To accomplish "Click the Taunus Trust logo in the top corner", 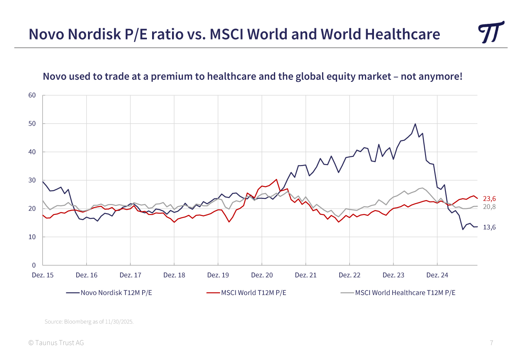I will click(x=491, y=32).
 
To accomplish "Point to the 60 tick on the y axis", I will click(x=32, y=95).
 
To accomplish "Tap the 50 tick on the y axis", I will click(x=32, y=123).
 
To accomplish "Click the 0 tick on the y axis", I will click(x=34, y=265).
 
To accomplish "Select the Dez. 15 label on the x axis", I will click(x=42, y=275).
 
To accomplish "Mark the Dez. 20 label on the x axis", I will click(x=262, y=275).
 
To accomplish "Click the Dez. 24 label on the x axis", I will click(x=437, y=275).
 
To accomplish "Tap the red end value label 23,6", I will click(x=489, y=199).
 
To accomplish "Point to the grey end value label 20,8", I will click(x=489, y=207).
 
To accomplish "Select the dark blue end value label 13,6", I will click(x=489, y=227).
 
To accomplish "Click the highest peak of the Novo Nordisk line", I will click(x=415, y=124).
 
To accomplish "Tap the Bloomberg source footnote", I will click(x=89, y=322).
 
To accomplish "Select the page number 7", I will click(x=491, y=343).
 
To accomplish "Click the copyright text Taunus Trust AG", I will click(x=56, y=343).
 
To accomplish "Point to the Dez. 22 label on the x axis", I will click(x=349, y=275).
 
